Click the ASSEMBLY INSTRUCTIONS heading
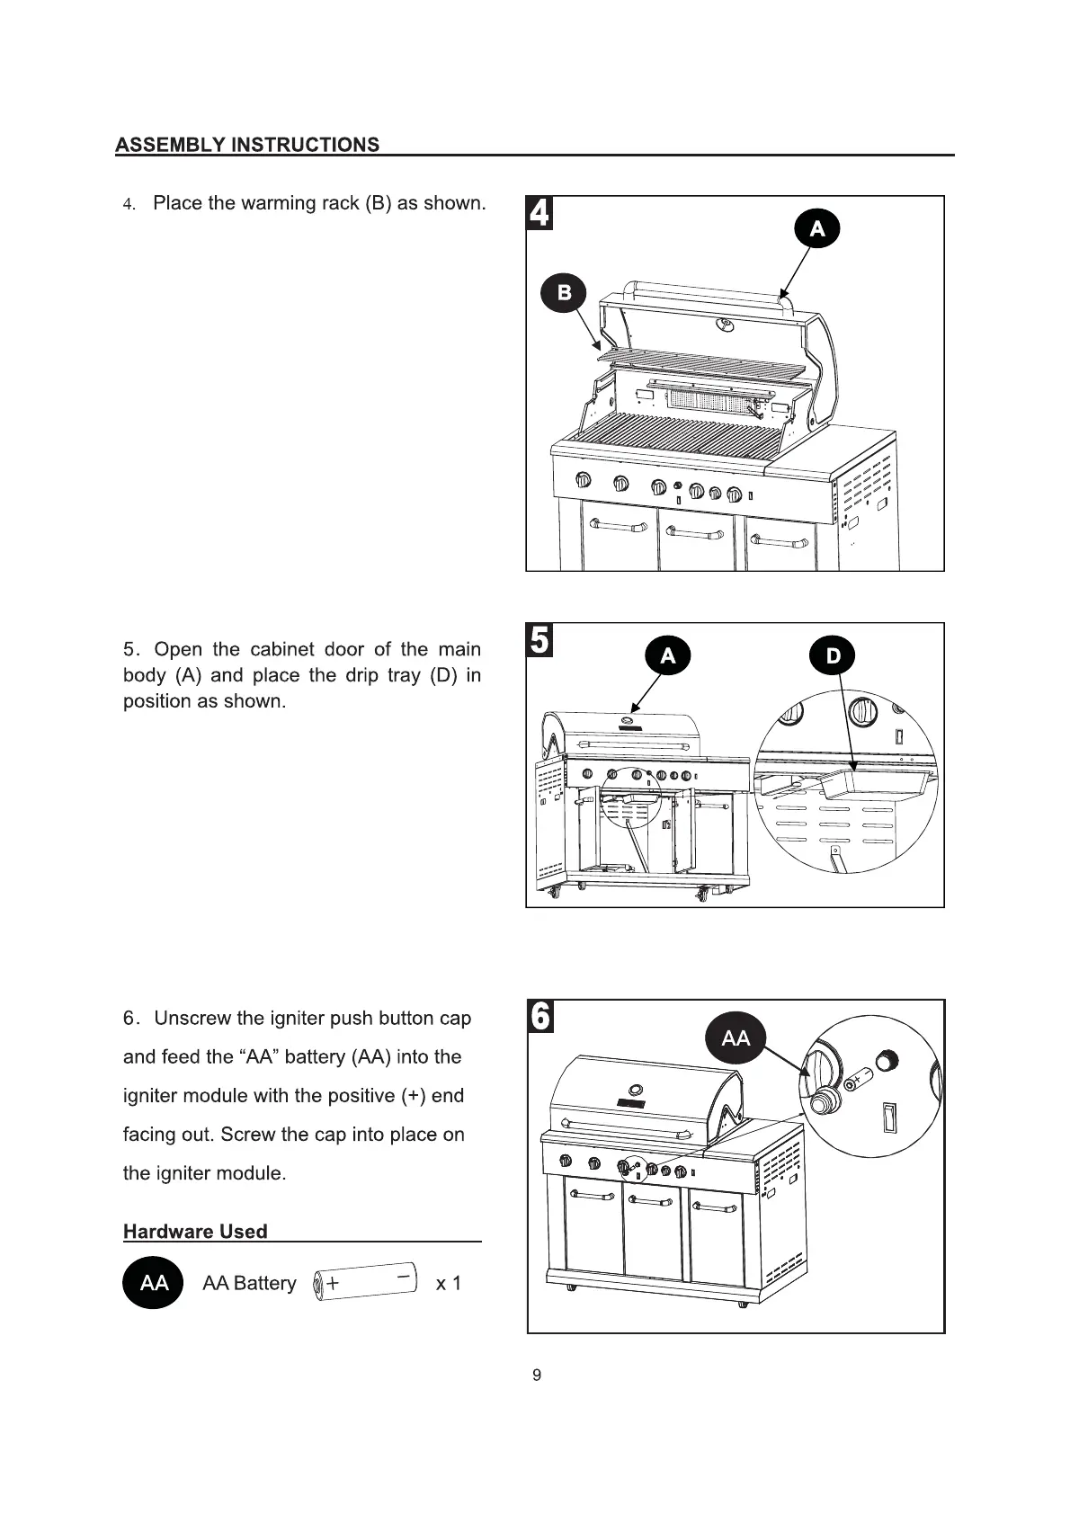click(247, 145)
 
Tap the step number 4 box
click(539, 213)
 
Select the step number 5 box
click(539, 640)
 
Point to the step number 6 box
click(540, 1017)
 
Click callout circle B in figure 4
click(564, 292)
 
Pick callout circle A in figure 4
click(817, 228)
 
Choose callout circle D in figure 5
click(833, 655)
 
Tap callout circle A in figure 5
click(667, 655)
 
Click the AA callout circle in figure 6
click(736, 1038)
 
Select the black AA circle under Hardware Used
click(154, 1282)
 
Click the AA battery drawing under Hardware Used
click(365, 1281)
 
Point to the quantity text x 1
click(448, 1283)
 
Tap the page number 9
click(537, 1375)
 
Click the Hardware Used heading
click(195, 1232)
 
